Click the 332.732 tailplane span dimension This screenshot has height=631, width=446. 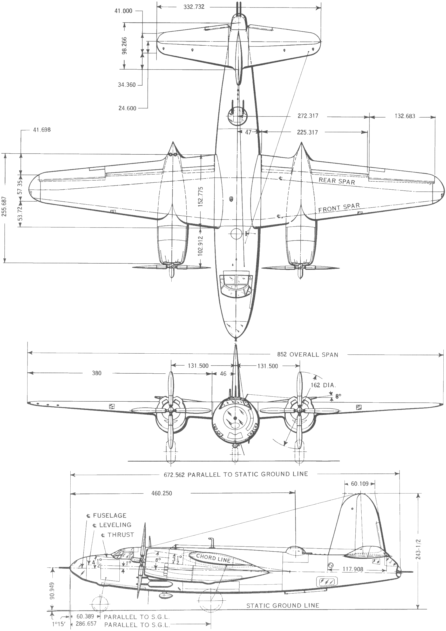(194, 7)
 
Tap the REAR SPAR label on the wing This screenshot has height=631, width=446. (336, 181)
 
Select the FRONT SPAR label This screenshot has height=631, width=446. (339, 208)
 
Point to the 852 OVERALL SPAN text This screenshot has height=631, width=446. (307, 354)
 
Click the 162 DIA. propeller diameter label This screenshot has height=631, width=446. (323, 385)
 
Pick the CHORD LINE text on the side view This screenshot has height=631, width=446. (213, 558)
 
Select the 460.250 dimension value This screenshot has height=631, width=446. (162, 493)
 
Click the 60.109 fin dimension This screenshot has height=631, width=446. (359, 483)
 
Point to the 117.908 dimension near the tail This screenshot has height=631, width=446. (353, 569)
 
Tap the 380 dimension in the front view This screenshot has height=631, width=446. (97, 373)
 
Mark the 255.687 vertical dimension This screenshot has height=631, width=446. (5, 206)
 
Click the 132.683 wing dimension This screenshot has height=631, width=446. (405, 116)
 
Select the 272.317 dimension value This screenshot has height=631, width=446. (308, 116)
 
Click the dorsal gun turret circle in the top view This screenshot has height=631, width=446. (238, 116)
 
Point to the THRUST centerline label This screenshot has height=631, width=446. (120, 534)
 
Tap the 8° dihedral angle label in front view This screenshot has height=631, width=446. (338, 396)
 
